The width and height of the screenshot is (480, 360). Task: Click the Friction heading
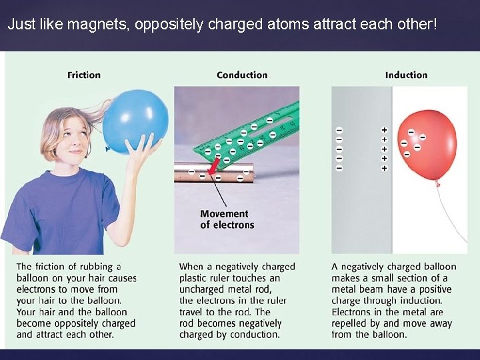(x=84, y=75)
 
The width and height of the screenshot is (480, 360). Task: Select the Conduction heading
(x=242, y=75)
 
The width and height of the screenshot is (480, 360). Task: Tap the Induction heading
(x=406, y=75)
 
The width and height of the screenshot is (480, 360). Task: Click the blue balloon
(x=137, y=121)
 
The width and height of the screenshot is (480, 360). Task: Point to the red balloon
(x=427, y=143)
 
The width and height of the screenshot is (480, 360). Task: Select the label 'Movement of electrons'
(x=227, y=219)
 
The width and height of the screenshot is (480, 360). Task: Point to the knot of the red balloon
(x=438, y=181)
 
